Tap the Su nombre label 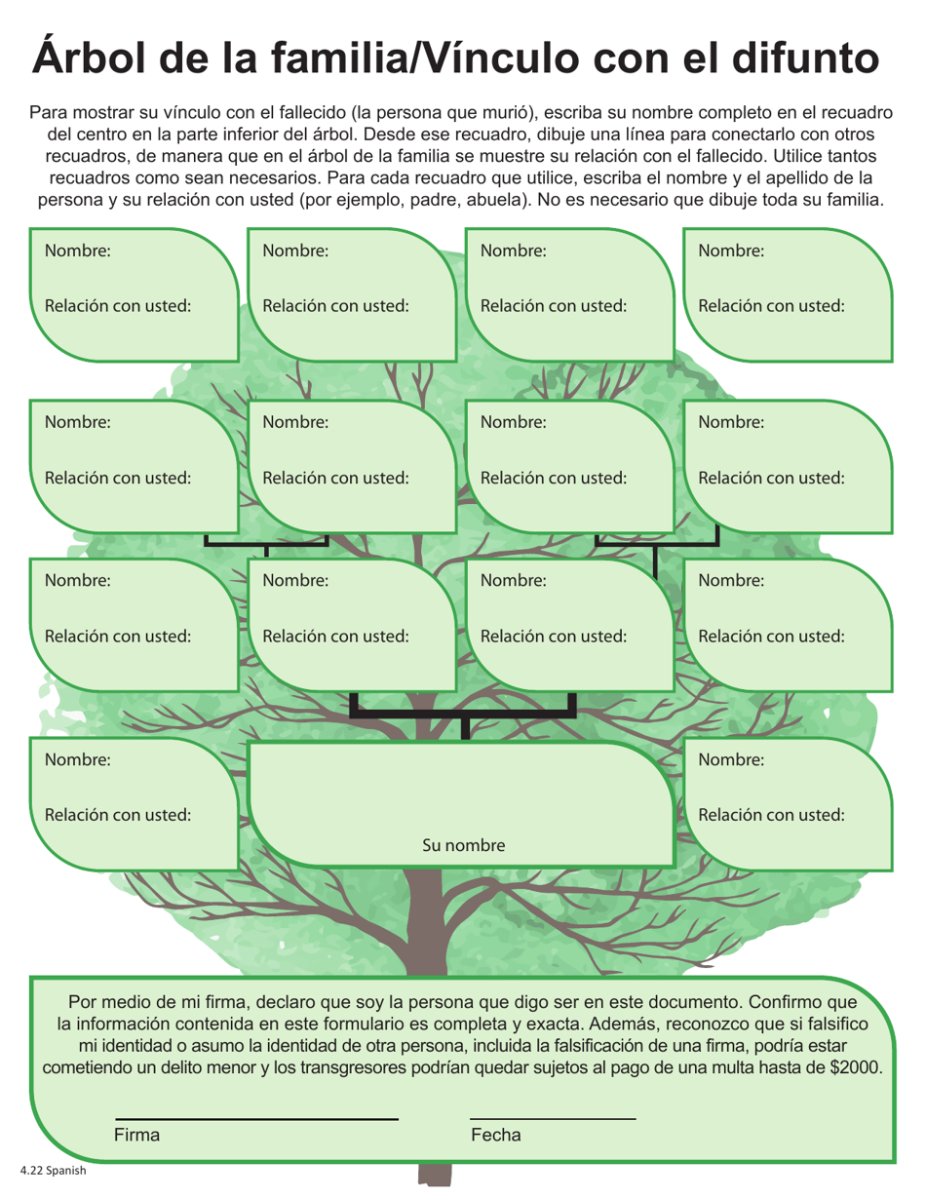[463, 845]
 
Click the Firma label [136, 1135]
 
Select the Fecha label [495, 1135]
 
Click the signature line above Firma [256, 1118]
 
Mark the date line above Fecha [552, 1118]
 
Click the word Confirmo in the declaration [770, 1001]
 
